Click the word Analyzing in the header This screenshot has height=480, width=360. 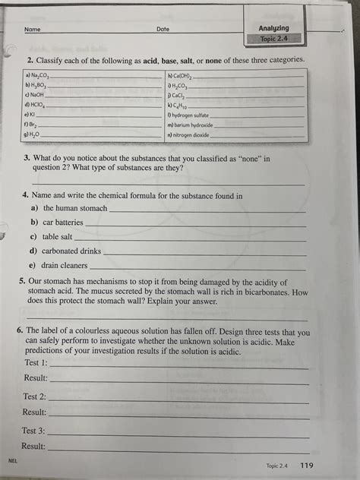pos(274,28)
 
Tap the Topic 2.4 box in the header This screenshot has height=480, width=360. pos(274,39)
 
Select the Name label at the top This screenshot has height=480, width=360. pos(32,30)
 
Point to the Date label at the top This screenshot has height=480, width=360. pos(163,29)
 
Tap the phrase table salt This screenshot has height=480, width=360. pos(58,237)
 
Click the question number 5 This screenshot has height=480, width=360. pos(22,280)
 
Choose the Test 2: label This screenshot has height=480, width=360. pos(34,396)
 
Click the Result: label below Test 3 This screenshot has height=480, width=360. pos(34,447)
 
